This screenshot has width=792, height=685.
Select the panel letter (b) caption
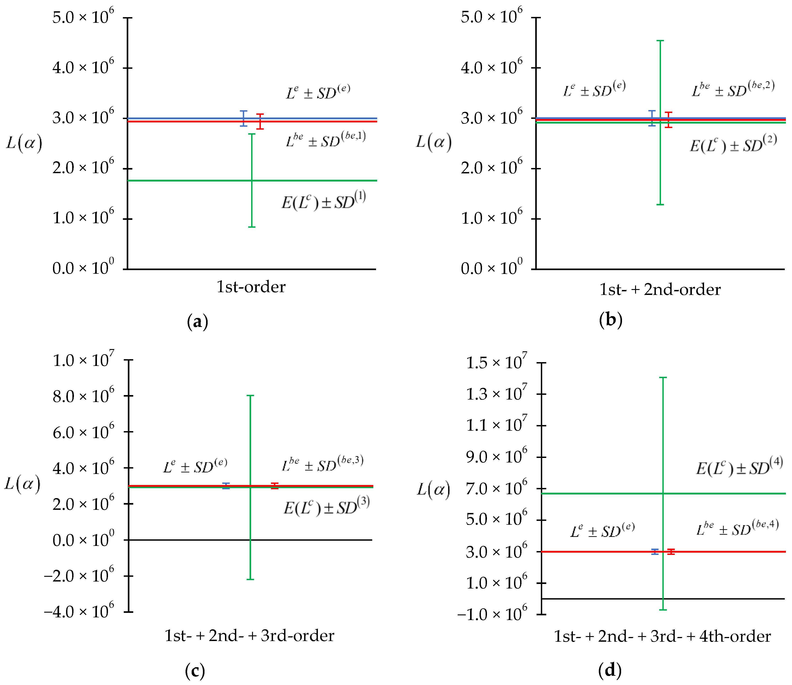[611, 320]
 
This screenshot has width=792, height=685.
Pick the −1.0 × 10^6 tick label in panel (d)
[492, 614]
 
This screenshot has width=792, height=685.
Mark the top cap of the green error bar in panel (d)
[663, 378]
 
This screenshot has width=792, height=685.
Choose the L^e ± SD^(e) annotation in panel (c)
[195, 466]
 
